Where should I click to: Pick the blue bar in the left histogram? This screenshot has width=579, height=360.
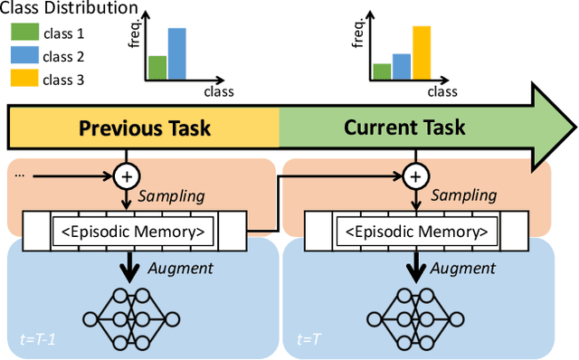point(177,54)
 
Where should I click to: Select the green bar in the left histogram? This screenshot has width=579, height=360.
point(157,68)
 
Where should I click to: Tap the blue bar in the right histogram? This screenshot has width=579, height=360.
point(402,67)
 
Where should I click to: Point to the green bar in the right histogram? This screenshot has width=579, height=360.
point(382,71)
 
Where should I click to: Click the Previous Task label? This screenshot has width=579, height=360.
point(145,128)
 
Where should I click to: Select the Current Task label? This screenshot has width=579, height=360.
point(404,127)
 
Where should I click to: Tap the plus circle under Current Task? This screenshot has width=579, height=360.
point(415,175)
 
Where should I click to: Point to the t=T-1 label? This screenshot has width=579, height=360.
point(39,340)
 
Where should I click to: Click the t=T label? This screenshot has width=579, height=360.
point(310,340)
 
